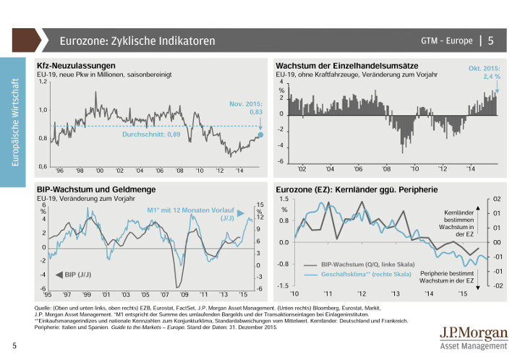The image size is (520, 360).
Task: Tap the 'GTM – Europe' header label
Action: tap(446, 40)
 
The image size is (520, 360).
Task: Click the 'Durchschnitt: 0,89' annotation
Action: tap(150, 134)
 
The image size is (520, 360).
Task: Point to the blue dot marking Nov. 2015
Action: tap(260, 134)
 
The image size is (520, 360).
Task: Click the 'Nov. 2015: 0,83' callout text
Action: tap(246, 108)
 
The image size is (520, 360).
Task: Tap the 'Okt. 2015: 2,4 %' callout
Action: tap(482, 71)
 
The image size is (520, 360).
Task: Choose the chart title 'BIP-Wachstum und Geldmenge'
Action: tap(88, 189)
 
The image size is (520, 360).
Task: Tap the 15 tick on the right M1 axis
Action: tap(259, 205)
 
